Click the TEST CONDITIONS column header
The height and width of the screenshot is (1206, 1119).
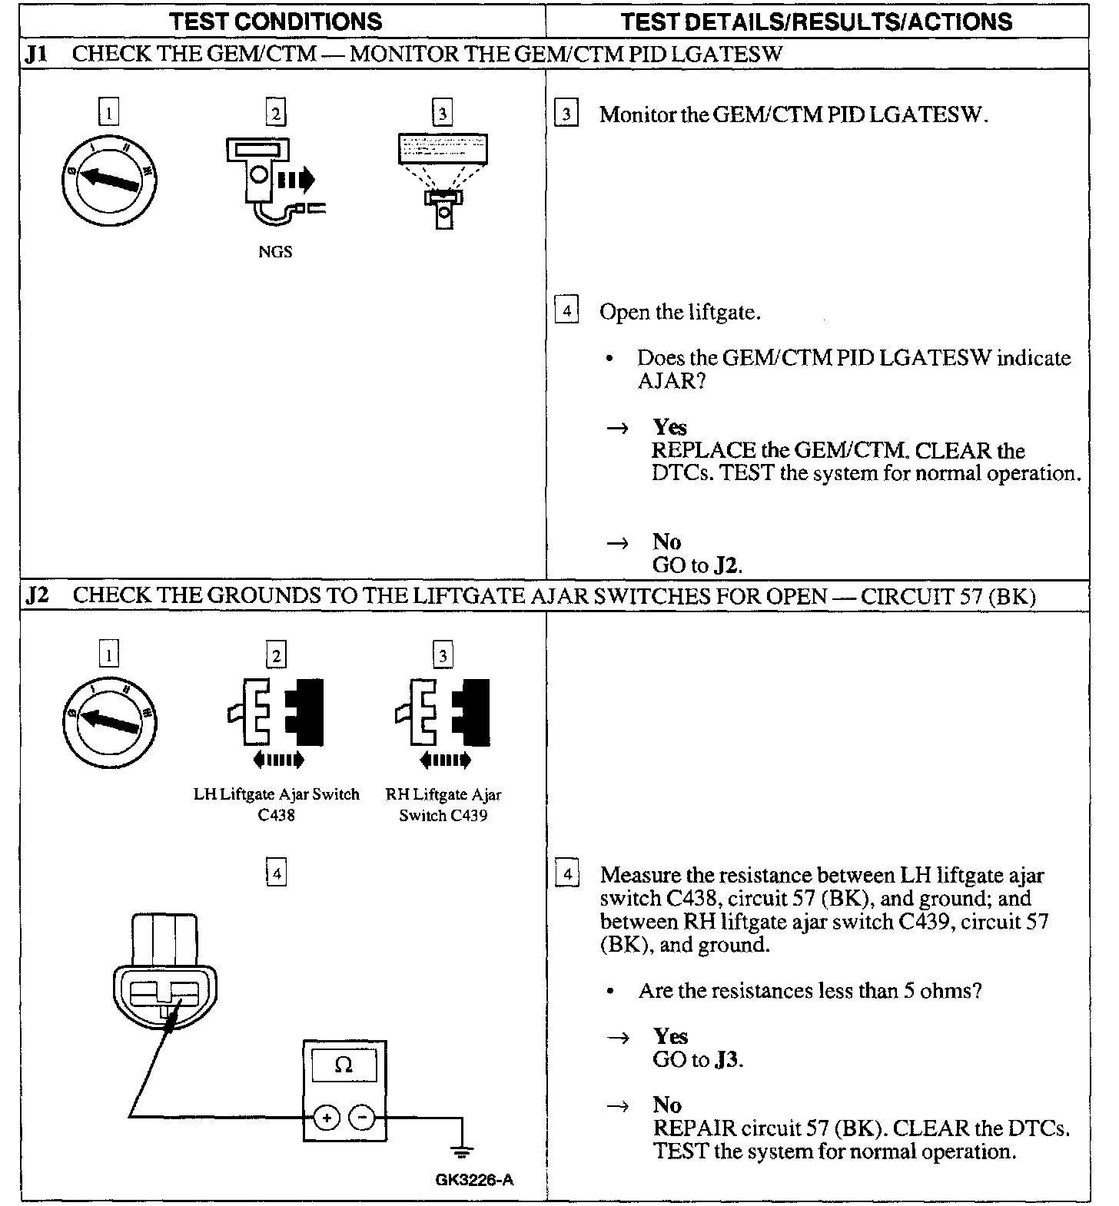point(277,21)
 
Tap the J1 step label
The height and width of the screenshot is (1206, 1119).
point(36,54)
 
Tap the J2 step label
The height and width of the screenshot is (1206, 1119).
point(36,596)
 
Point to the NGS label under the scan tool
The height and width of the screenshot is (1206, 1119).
point(275,251)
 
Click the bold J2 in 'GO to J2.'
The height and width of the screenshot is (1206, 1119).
point(726,566)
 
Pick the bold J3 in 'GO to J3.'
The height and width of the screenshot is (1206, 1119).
point(726,1060)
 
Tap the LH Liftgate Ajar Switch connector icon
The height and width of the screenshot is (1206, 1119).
point(276,714)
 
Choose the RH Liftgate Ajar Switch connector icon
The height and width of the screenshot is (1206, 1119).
point(443,714)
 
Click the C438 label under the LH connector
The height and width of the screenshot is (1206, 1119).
point(276,815)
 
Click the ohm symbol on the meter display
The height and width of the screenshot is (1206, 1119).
point(344,1065)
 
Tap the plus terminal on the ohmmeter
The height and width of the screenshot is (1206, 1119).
point(326,1118)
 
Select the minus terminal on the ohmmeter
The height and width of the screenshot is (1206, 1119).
point(363,1118)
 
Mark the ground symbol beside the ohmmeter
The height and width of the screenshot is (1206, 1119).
point(462,1150)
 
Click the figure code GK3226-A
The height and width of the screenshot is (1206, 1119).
point(473,1179)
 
